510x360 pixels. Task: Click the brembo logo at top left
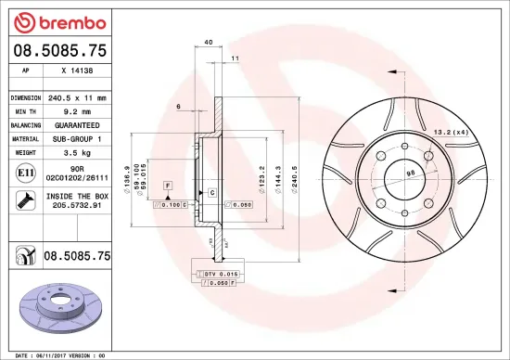pos(57,20)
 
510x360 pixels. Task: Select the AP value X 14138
pos(77,70)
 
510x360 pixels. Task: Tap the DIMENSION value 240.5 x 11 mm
pos(77,97)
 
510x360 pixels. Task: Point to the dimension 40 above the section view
pos(208,43)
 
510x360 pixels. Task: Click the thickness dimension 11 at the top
pos(236,58)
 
